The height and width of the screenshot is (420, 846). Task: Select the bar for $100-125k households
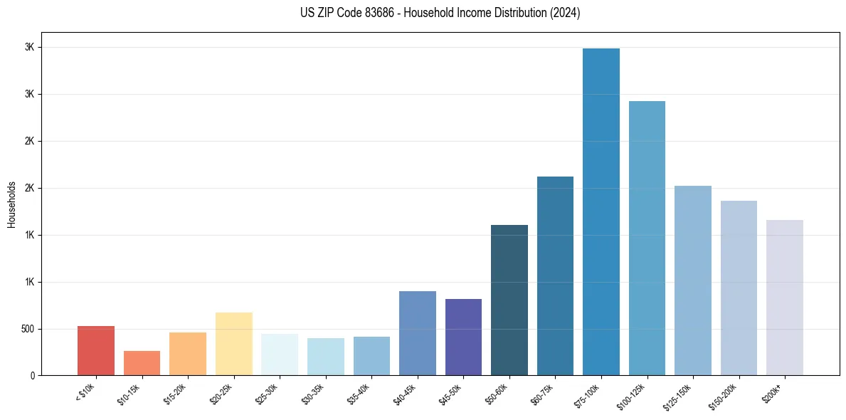pos(647,238)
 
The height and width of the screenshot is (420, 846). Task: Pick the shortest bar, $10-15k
pos(142,363)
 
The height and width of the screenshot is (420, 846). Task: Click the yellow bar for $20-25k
pos(233,344)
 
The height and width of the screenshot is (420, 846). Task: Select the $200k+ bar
pos(784,298)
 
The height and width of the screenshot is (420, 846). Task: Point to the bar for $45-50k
pos(463,337)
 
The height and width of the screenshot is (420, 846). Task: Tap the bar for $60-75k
pos(555,276)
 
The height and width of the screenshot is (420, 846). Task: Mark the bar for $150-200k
pos(739,288)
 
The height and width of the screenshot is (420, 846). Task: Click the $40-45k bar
pos(417,333)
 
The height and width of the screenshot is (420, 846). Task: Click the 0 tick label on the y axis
pos(32,375)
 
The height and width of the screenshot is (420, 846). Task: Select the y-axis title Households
pos(11,204)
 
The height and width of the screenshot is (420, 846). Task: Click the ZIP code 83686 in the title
pos(362,13)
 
